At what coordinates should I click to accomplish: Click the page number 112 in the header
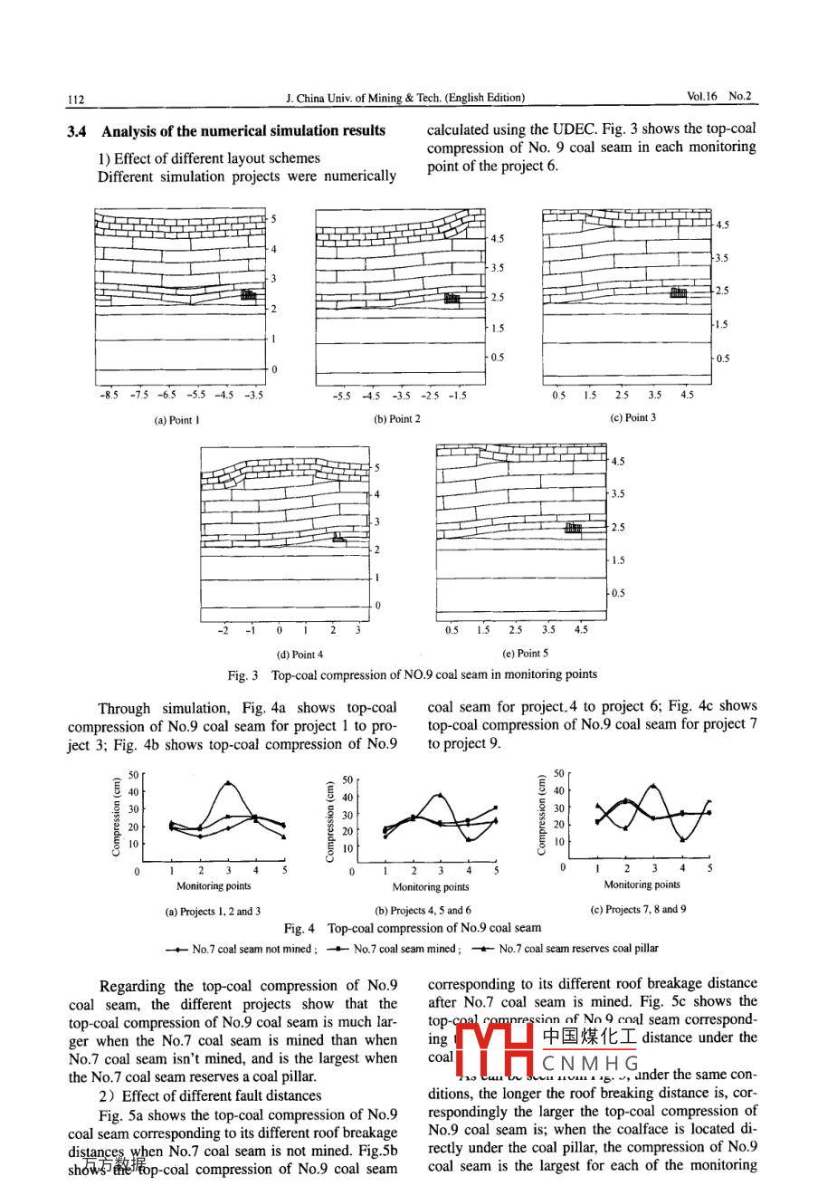75,99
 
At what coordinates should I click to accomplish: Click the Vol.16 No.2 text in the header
718,96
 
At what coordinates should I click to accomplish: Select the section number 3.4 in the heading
77,131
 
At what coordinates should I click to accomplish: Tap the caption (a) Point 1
177,420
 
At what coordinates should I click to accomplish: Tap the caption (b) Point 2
397,419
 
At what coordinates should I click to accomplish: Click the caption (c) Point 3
633,417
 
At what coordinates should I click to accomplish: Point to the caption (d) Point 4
300,655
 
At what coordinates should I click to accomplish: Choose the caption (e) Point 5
526,653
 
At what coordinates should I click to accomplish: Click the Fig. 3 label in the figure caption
243,674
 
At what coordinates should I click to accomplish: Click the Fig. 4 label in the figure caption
300,928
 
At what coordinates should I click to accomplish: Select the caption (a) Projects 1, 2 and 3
213,912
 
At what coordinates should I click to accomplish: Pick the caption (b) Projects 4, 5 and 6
423,911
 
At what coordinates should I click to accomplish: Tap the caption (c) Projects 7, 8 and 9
638,909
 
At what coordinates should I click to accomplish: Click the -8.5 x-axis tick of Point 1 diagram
109,396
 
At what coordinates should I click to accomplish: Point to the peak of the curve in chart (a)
228,783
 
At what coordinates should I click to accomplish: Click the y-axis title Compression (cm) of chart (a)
116,817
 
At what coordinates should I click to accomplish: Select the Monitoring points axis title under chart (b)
431,887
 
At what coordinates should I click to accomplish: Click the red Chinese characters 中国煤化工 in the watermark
589,1037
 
